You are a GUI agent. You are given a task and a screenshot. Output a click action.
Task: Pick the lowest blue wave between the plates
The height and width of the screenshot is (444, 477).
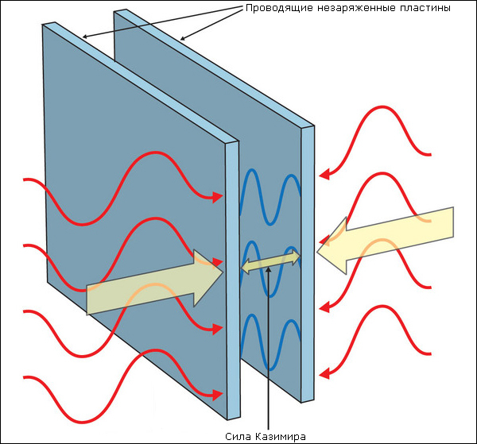pyautogui.click(x=271, y=342)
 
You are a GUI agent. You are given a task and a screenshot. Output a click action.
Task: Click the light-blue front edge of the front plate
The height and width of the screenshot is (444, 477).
pyautogui.click(x=231, y=278)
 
